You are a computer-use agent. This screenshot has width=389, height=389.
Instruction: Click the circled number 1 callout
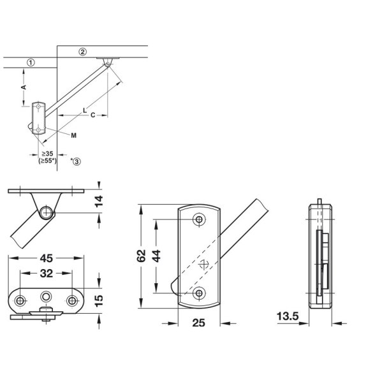coord(30,62)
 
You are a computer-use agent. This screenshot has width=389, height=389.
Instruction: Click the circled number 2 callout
coord(82,51)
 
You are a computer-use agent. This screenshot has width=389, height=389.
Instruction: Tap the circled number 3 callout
coord(77,162)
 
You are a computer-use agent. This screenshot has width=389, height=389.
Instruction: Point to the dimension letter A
coord(24,85)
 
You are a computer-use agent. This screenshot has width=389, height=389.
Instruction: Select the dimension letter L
coord(84,110)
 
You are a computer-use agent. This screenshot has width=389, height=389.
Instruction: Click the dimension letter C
coord(93,115)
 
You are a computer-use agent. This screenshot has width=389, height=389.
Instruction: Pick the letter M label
coord(74,135)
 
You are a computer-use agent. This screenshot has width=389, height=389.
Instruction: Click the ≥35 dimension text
coord(47,154)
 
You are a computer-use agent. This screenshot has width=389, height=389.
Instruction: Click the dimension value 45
coord(45,259)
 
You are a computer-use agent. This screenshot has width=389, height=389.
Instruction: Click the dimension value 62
coord(142,256)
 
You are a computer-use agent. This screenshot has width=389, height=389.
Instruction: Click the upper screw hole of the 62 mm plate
coord(200,220)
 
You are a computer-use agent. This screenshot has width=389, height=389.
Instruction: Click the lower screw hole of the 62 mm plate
coord(200,293)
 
